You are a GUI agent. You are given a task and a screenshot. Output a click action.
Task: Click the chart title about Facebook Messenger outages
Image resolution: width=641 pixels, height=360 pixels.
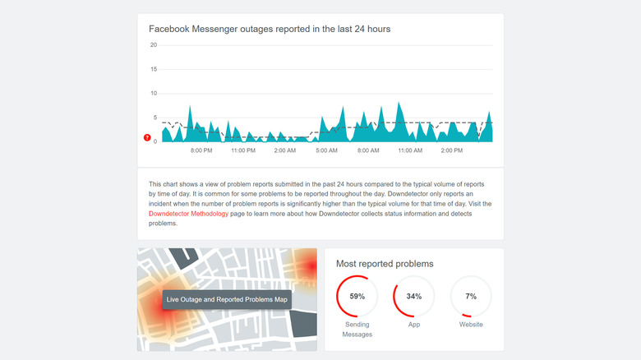(x=270, y=29)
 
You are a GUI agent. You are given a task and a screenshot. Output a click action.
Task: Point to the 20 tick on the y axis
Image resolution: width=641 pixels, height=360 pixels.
(x=153, y=45)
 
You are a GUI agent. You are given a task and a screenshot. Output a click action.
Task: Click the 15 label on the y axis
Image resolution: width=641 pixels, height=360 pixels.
(x=153, y=69)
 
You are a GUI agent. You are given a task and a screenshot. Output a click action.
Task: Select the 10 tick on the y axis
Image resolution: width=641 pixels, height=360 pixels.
(x=153, y=93)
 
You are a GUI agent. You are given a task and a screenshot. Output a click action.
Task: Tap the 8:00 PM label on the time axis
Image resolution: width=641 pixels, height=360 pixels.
(x=201, y=151)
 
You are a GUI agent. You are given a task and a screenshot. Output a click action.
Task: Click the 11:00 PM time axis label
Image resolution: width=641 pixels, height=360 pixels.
(x=243, y=151)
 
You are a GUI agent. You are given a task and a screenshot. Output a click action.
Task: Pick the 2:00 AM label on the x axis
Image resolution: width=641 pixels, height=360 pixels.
(x=284, y=151)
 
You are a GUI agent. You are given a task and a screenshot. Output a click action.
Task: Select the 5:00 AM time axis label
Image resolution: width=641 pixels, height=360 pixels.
(x=326, y=151)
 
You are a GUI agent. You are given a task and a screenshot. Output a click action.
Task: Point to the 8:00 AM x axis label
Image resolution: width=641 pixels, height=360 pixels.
(x=368, y=151)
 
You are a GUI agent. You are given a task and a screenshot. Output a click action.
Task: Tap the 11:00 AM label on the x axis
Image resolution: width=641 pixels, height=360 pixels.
(x=410, y=151)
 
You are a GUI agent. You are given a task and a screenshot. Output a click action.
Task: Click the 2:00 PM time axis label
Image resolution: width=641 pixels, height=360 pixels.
(x=451, y=151)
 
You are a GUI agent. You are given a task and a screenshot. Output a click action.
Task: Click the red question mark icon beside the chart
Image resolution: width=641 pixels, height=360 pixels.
(x=147, y=138)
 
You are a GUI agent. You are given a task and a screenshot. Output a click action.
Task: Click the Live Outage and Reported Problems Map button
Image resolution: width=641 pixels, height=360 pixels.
(x=227, y=299)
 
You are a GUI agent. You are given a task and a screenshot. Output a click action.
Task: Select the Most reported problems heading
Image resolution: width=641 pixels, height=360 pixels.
(x=385, y=264)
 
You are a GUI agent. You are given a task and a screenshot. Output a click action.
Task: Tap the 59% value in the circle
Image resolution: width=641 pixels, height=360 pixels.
(x=357, y=296)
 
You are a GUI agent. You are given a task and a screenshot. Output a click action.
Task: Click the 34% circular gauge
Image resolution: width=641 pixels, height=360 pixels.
(x=414, y=296)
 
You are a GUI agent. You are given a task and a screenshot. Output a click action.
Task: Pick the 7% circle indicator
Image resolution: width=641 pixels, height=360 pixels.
(x=471, y=296)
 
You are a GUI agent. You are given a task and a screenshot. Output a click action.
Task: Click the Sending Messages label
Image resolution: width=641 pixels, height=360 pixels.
(x=357, y=330)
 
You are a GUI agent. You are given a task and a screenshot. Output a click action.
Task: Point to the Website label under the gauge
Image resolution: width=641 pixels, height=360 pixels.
(x=471, y=325)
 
